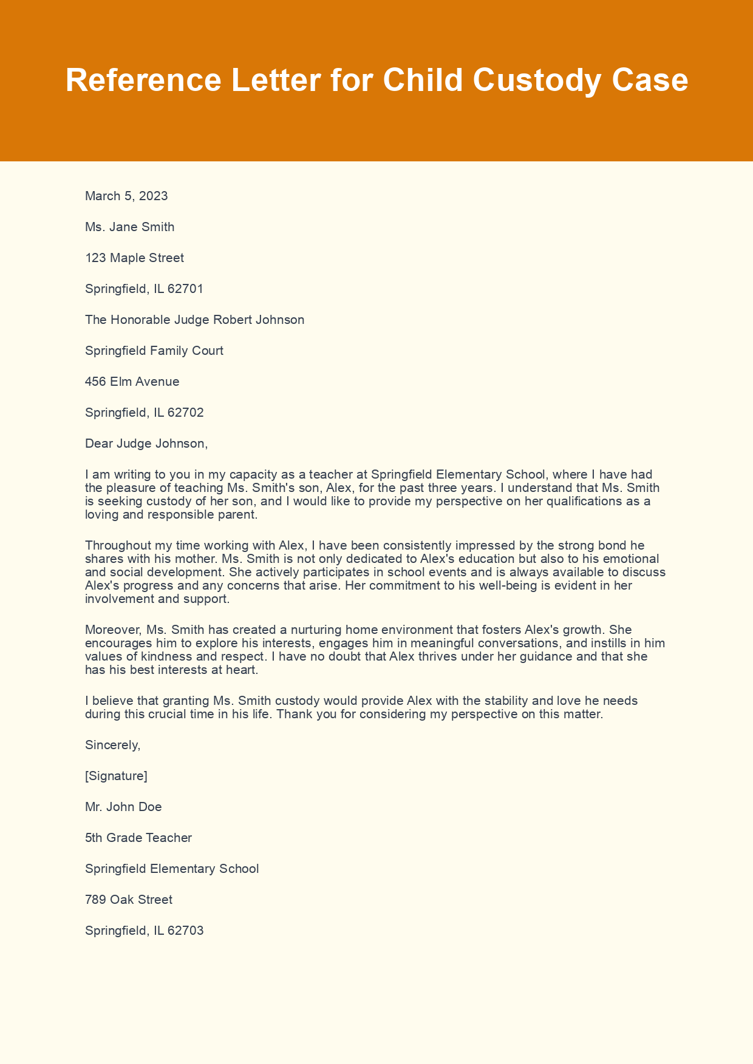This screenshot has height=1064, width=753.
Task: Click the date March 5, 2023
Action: click(126, 196)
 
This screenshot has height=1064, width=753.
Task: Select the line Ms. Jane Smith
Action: click(129, 227)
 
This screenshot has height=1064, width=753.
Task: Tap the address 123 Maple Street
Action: click(134, 258)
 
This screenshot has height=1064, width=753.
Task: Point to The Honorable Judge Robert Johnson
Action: click(194, 320)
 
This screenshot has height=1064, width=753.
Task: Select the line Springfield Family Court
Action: click(154, 351)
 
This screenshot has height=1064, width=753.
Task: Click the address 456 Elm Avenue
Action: click(132, 382)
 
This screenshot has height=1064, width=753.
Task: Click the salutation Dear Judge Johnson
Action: click(146, 443)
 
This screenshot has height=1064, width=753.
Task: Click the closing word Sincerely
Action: click(112, 745)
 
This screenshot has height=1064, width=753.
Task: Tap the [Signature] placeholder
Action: click(116, 776)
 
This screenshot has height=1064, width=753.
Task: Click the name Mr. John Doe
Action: click(123, 807)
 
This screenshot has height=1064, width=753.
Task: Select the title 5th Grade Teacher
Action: click(138, 838)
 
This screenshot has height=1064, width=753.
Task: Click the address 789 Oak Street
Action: click(129, 900)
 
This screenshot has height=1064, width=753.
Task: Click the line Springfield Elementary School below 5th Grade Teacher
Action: click(172, 869)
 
